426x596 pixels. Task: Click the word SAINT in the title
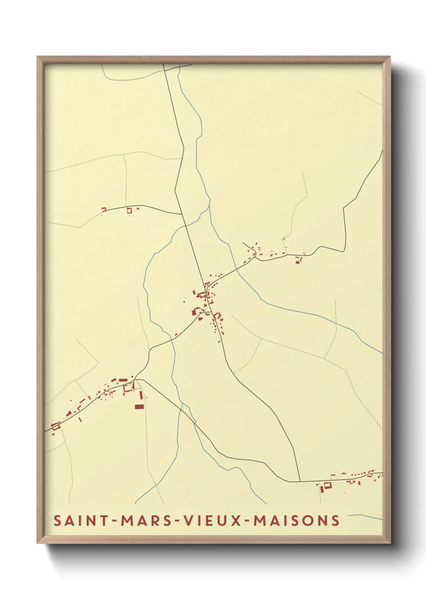point(81,520)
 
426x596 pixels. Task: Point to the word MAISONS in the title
point(296,520)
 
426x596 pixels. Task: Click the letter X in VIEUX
point(237,520)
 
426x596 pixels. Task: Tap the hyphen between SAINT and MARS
point(115,521)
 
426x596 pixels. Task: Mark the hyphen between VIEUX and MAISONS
point(247,521)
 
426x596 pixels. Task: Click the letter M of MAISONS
point(259,520)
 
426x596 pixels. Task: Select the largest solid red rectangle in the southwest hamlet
point(139,407)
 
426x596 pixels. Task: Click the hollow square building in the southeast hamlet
point(327,485)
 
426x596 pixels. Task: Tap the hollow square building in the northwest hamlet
point(129,210)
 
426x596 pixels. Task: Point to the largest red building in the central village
point(197,311)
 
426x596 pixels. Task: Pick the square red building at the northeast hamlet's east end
point(298,262)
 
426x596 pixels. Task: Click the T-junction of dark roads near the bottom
point(300,481)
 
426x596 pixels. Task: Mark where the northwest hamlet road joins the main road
point(182,214)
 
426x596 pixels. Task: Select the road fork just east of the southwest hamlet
point(136,379)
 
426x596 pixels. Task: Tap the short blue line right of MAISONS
point(364,517)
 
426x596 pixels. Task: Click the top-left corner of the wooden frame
point(37,57)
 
